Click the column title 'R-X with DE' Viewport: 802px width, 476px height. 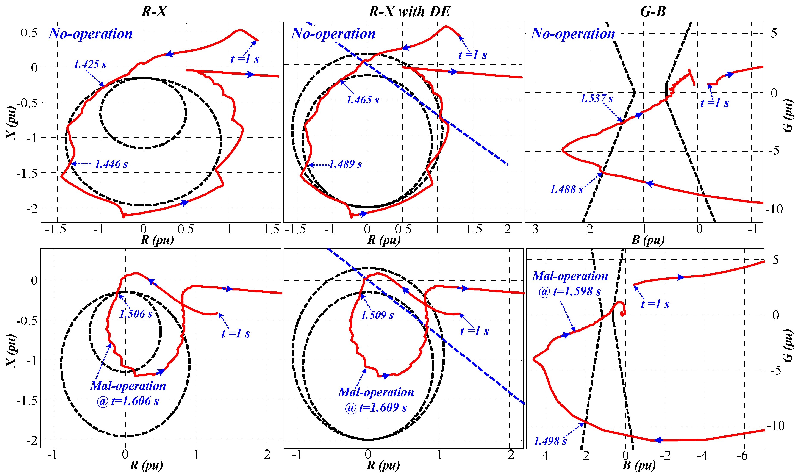coord(410,12)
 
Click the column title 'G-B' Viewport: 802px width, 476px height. coord(653,12)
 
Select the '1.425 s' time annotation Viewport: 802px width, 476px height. coord(90,64)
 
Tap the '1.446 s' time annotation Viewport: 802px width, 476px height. coord(111,164)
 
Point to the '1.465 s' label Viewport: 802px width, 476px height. coord(362,100)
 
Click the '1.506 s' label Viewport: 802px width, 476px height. coord(136,314)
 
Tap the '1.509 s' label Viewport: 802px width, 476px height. coord(377,315)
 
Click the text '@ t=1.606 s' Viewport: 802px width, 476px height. coord(128,401)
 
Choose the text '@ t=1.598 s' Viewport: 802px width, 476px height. coord(569,291)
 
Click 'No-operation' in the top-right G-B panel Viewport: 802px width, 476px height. coord(573,34)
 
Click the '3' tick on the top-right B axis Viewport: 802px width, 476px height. coord(535,230)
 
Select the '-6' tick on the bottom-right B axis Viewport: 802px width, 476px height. coord(742,456)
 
